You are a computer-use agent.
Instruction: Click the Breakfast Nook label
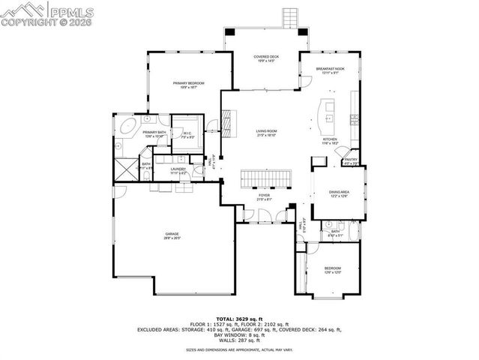click(x=329, y=69)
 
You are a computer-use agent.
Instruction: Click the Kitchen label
click(x=331, y=140)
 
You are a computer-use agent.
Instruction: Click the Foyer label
click(x=263, y=196)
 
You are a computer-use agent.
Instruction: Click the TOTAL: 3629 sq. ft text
click(x=238, y=319)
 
